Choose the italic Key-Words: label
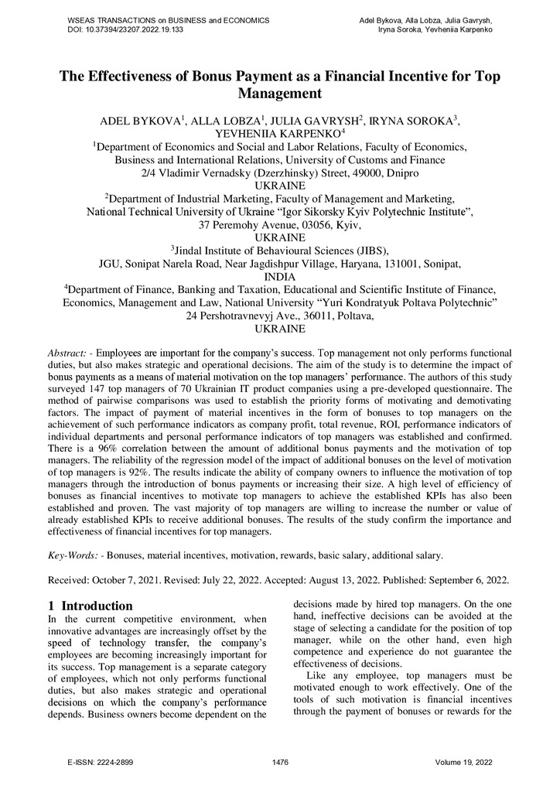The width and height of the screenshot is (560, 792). pyautogui.click(x=74, y=555)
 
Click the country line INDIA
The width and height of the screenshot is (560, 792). pyautogui.click(x=279, y=276)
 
